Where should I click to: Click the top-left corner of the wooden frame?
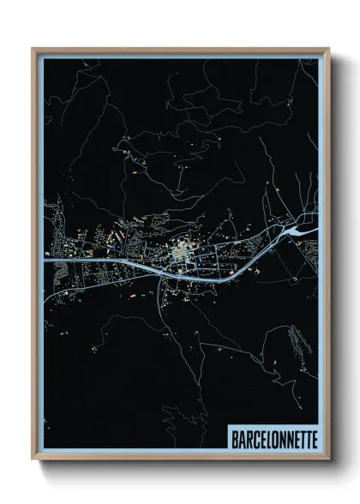coord(33,50)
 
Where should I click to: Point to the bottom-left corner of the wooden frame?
coord(33,459)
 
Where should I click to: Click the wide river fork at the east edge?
coord(302,230)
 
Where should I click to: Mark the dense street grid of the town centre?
coord(182,254)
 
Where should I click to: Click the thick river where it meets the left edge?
coord(48,261)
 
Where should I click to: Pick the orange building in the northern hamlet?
coord(135,171)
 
